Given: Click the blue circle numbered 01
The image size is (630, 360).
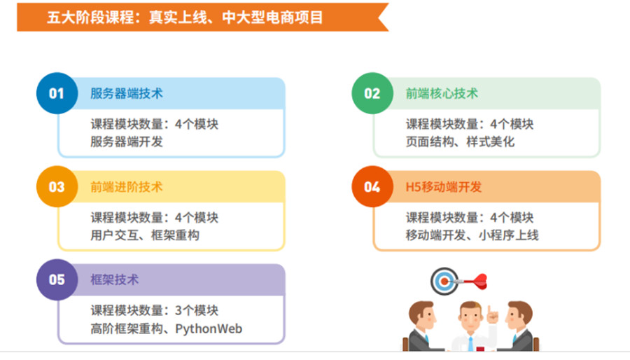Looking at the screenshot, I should tap(57, 93).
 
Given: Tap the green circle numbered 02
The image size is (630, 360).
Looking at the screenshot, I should tap(372, 93).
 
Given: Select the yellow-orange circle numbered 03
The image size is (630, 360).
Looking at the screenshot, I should tap(57, 187).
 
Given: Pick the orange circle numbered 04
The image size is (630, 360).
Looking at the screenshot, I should tap(372, 187).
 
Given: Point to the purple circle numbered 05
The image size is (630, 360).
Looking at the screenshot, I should tap(57, 280).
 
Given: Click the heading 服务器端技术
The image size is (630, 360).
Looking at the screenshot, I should tap(126, 94).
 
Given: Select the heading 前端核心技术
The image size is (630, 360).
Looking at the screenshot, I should tap(442, 94).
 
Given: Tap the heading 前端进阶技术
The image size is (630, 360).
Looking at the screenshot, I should tap(126, 187).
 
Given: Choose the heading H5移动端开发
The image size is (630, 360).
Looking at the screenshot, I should tap(444, 187).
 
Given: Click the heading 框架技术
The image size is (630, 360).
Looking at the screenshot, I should tap(115, 280).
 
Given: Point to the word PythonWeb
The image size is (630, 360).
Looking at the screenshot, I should tap(209, 328).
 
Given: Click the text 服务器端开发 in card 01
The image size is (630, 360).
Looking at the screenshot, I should tap(126, 141).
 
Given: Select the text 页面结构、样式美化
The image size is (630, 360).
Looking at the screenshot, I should tap(460, 141).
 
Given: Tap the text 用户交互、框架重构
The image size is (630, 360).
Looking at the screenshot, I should tap(145, 235).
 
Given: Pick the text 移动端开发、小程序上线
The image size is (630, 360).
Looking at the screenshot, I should tap(472, 235).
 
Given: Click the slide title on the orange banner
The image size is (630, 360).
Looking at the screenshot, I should tap(185, 18).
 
